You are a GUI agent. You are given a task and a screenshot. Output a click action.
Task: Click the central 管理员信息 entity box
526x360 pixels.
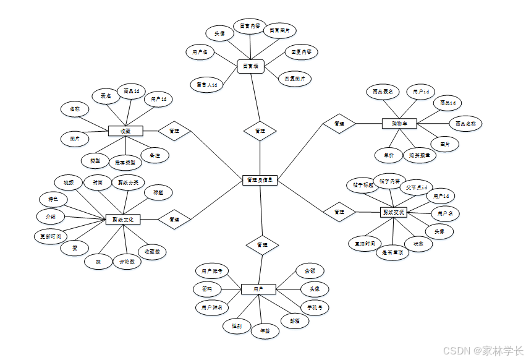260,181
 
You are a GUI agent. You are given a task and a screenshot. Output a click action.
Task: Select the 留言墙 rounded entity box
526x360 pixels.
250,66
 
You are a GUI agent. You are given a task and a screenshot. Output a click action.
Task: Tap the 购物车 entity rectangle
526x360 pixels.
399,124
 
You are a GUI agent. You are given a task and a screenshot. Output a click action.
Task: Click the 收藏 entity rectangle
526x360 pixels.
125,131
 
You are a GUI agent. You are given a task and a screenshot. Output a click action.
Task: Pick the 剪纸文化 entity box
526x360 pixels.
122,220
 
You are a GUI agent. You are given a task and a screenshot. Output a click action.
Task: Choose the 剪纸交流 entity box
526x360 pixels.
393,212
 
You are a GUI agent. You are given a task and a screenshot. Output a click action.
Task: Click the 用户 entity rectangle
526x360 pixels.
258,289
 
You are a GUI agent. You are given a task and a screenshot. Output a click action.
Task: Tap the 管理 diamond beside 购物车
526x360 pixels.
339,124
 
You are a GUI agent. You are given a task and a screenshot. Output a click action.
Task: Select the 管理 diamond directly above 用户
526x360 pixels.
262,245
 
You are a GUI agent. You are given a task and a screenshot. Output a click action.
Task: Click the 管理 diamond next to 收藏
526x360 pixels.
174,131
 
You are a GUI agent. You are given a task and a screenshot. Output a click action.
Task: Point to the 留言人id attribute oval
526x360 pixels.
206,85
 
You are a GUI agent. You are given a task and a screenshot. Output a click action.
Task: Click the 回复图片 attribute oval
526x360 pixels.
295,79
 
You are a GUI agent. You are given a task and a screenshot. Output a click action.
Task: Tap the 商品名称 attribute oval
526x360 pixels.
465,124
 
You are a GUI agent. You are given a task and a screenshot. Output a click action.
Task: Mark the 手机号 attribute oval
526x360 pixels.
314,307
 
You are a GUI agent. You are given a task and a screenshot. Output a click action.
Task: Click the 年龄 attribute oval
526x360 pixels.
265,331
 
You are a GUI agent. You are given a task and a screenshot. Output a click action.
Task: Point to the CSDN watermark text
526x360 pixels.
475,350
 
